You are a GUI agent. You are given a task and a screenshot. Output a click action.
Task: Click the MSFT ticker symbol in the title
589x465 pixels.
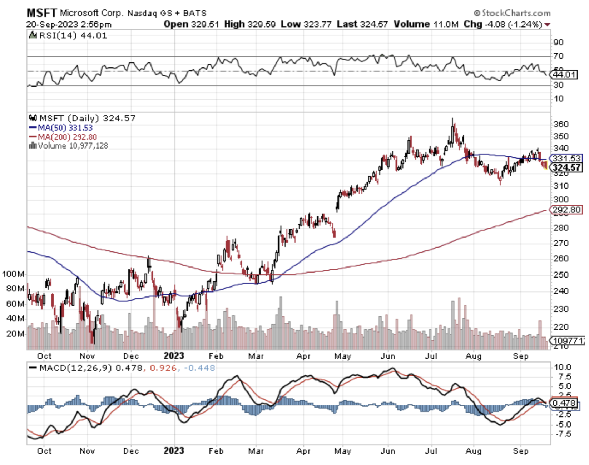pos(41,13)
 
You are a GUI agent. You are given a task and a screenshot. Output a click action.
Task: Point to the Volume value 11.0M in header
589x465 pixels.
pos(445,24)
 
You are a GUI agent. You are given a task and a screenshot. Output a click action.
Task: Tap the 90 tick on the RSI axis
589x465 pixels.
pos(558,42)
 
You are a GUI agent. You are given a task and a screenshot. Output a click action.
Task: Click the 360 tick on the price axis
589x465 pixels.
pos(560,124)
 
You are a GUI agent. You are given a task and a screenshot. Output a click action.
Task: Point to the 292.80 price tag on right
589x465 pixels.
pos(566,210)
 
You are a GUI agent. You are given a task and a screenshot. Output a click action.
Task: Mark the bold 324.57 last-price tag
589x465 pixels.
pos(566,167)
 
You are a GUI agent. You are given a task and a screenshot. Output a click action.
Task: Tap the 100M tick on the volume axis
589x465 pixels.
pos(13,274)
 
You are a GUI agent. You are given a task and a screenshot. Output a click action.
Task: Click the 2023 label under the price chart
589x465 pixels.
pos(174,356)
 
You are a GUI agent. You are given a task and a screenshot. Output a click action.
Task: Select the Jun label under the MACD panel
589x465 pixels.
pos(387,451)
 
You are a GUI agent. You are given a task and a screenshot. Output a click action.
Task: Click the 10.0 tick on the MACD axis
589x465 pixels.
pos(562,367)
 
